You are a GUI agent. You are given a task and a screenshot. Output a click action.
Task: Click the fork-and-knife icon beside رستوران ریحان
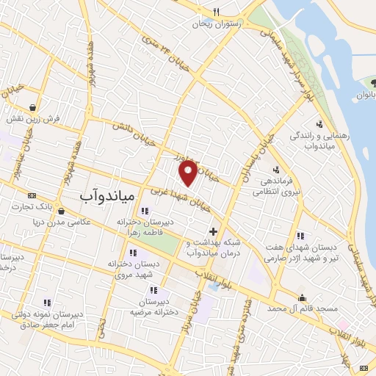pyautogui.click(x=215, y=11)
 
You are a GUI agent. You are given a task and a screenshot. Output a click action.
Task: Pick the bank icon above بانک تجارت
pyautogui.click(x=31, y=195)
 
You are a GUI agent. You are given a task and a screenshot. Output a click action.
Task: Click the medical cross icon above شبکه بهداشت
pyautogui.click(x=213, y=231)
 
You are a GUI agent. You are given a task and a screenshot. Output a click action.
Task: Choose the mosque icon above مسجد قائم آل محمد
pyautogui.click(x=301, y=297)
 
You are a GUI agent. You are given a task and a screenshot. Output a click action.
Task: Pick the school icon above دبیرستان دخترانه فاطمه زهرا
pyautogui.click(x=145, y=211)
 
